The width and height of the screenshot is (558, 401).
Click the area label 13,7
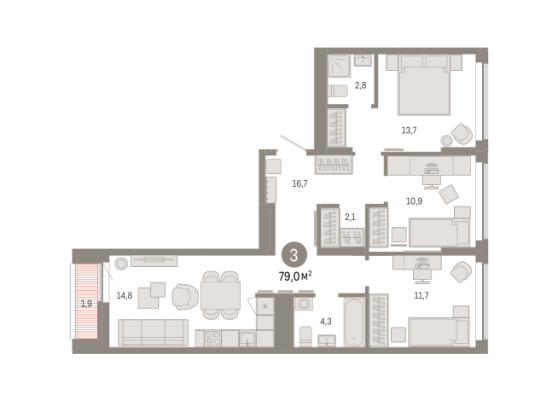point(409,131)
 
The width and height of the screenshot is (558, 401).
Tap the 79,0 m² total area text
point(295,276)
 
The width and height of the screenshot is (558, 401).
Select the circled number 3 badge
point(294,255)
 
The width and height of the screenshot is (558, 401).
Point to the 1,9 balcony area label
point(86,304)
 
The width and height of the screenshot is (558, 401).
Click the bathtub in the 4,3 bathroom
point(354,322)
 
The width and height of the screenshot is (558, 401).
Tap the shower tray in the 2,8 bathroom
point(339,66)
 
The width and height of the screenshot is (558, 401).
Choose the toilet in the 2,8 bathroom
point(337,90)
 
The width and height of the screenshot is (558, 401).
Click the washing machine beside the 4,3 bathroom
point(304,304)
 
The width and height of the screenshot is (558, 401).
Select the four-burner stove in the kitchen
point(212,338)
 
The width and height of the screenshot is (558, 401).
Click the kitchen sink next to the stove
point(247,338)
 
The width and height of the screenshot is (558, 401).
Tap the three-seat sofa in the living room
point(153,333)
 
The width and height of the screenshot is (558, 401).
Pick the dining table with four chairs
point(220,295)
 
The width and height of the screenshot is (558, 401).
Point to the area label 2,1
point(350,217)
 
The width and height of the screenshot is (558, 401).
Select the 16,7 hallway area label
point(299,183)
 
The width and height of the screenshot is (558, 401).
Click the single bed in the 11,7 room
point(439,332)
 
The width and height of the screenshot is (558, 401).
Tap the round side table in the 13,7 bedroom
point(446,141)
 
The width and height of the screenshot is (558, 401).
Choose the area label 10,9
point(414,201)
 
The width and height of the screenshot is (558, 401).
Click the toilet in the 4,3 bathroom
point(305,336)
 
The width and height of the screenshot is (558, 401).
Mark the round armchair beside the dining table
point(185,296)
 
